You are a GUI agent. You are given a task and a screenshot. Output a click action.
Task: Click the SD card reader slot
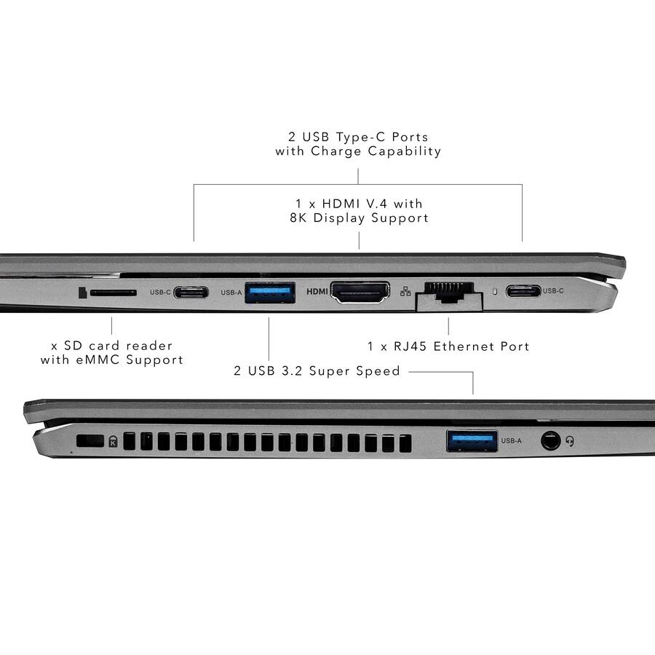113,293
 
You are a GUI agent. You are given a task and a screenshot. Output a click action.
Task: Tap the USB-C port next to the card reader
191,293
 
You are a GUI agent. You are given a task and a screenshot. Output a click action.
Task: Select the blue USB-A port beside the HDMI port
270,293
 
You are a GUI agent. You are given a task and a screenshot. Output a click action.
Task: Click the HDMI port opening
360,293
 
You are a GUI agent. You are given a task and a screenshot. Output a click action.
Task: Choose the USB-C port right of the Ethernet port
523,291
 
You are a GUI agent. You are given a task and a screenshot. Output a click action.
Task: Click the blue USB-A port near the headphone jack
472,440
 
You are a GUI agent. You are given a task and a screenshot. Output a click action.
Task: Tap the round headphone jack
551,440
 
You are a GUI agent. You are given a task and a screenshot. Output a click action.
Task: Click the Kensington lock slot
90,440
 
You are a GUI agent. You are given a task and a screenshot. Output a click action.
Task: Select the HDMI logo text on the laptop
317,292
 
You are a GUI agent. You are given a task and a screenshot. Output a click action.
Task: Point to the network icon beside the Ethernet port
405,292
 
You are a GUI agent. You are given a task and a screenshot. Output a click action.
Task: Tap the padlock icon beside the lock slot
113,441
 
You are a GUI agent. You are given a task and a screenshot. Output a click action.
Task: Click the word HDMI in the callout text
341,203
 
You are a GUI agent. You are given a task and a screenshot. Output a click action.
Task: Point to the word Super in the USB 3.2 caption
333,371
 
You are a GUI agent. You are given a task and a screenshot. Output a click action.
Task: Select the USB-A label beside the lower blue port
512,441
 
